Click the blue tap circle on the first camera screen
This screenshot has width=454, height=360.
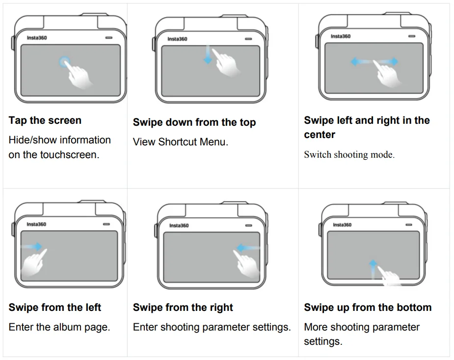pos(65,62)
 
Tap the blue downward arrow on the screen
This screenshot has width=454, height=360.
pos(208,55)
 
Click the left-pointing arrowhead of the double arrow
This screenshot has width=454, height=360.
pos(354,61)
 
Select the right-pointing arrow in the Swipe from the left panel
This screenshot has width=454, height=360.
pos(32,247)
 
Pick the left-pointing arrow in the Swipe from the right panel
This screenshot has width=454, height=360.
pos(248,248)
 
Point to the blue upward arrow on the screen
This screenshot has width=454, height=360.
pos(373,269)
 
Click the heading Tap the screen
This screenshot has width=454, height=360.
pos(45,120)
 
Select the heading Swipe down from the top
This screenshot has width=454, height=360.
pos(194,122)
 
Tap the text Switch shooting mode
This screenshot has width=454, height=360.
pos(349,155)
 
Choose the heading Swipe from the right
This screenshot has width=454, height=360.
pos(183,307)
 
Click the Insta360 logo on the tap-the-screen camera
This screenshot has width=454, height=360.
pos(37,38)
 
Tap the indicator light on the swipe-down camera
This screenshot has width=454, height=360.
pos(248,39)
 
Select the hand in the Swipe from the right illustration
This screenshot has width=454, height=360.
pos(246,264)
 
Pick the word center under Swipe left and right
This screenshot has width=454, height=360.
pos(320,135)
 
